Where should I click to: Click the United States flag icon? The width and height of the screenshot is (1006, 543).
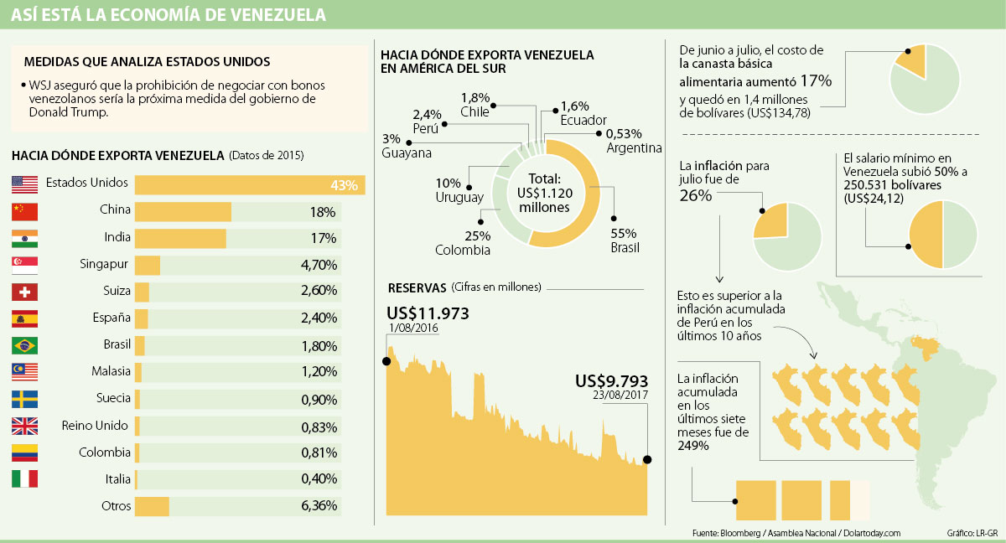(x=24, y=184)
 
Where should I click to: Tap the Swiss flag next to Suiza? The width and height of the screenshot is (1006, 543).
(x=24, y=292)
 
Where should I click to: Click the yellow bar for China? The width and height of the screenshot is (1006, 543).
(x=183, y=212)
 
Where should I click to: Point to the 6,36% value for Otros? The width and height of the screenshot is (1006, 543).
(x=319, y=505)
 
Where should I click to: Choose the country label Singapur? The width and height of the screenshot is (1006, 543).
(x=106, y=265)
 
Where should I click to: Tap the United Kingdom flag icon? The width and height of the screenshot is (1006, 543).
(x=24, y=426)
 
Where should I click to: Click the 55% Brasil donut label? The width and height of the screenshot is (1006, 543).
(x=625, y=240)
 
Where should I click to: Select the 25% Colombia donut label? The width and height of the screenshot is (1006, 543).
(x=462, y=242)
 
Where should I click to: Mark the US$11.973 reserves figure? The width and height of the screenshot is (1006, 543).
(x=428, y=314)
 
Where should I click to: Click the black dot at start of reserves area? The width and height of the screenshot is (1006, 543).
(x=386, y=361)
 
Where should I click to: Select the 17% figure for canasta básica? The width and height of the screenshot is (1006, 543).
(x=815, y=81)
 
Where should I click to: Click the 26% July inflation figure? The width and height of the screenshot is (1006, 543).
(x=696, y=195)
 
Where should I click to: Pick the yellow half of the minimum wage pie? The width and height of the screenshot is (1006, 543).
(x=926, y=235)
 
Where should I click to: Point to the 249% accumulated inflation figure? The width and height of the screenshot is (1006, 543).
(x=693, y=446)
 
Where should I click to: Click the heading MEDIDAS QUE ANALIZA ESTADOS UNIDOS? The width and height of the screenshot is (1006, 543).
(x=147, y=61)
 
